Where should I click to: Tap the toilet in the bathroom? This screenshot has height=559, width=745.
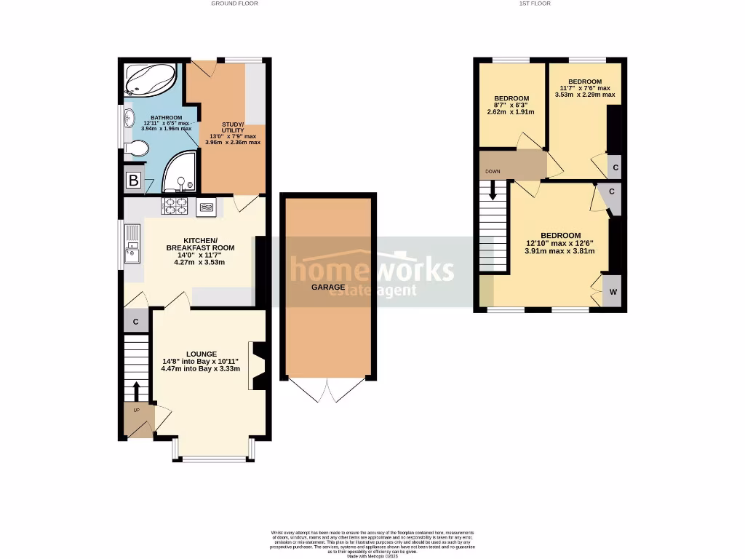click(135, 150)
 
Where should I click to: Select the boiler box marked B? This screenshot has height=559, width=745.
click(133, 181)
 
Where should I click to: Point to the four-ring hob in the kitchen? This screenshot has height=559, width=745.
click(175, 207)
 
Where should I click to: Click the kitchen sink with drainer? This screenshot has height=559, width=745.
click(133, 245)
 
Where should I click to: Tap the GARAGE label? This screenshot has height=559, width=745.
click(329, 287)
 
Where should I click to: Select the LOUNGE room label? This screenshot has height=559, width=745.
click(200, 354)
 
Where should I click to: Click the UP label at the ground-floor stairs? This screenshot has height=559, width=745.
click(135, 410)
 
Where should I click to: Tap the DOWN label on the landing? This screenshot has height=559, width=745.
click(493, 173)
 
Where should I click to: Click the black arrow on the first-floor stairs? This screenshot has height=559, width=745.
click(494, 191)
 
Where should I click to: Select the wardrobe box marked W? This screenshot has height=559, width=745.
click(613, 291)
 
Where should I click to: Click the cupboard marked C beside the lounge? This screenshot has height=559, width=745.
click(136, 321)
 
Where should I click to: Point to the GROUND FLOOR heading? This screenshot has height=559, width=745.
click(234, 4)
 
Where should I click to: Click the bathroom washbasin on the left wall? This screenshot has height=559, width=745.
click(128, 118)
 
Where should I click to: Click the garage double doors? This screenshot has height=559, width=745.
click(328, 390)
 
